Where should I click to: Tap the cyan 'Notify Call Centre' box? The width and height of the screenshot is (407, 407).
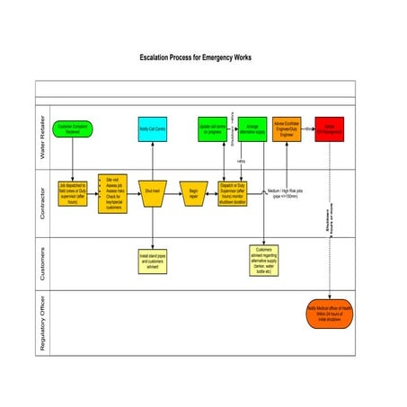tap(152, 129)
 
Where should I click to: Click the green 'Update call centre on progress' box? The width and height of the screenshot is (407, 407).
tap(212, 129)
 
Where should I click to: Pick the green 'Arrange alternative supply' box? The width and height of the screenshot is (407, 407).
tap(252, 129)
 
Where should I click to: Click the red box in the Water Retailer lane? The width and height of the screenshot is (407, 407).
tap(330, 129)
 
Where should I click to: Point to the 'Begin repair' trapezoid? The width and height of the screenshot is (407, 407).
tap(193, 191)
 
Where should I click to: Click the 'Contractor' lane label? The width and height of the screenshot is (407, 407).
tap(41, 199)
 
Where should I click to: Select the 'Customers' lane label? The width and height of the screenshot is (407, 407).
tap(41, 261)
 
